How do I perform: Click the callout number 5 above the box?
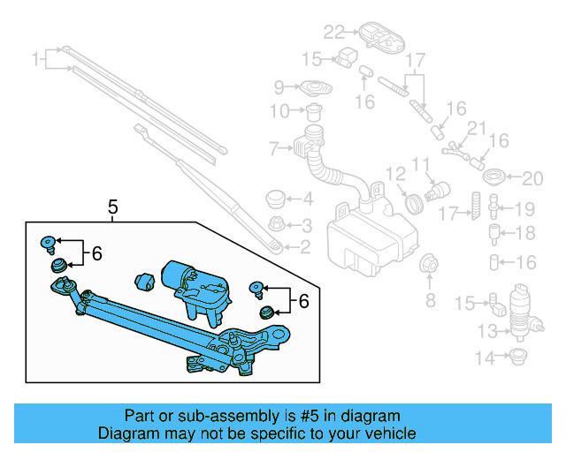coord(112,208)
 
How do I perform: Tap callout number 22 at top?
coord(333,34)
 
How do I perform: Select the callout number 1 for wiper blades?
coord(36,60)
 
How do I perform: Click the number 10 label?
coord(279,111)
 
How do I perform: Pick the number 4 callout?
coord(306,200)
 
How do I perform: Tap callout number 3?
coord(306,224)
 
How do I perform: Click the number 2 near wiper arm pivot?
coord(306,247)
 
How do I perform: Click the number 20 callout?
coord(531,179)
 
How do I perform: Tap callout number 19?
coord(525,210)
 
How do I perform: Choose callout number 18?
coord(525,234)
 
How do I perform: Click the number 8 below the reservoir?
coord(431,301)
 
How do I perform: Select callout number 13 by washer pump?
coord(487,331)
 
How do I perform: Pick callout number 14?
coord(486,358)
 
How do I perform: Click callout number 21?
coord(478,129)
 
